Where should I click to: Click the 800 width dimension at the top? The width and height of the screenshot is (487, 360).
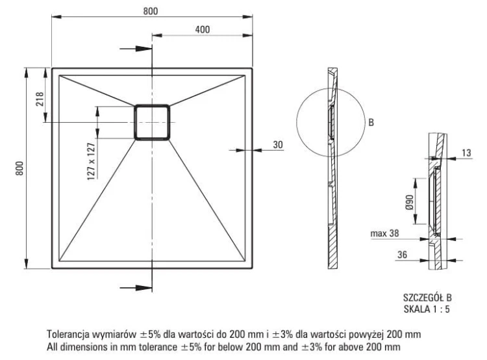point(151,12)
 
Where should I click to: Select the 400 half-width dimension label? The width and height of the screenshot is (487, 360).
point(202,30)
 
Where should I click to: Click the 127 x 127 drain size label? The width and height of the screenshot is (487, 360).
point(91,159)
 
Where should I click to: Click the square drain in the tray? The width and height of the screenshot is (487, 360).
point(152,122)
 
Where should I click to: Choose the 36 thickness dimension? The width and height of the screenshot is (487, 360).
point(401,256)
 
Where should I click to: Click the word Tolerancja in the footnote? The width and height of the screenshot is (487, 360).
point(68,333)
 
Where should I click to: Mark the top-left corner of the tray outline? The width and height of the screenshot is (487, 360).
point(52,68)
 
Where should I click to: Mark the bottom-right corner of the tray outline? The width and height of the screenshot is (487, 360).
point(253,268)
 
